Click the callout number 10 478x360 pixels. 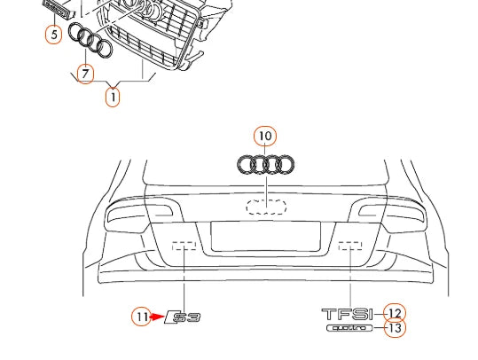click(264, 136)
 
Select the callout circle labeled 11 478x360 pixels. click(142, 316)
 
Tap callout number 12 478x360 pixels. click(395, 313)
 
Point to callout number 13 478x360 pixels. click(395, 328)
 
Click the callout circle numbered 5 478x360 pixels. click(54, 35)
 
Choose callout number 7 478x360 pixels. click(85, 74)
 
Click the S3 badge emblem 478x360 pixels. click(184, 317)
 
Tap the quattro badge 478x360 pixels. click(351, 328)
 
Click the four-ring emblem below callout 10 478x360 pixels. click(266, 164)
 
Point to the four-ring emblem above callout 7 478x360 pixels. click(91, 42)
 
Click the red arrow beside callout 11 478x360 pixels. click(159, 316)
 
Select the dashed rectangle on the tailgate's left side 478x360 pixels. click(184, 246)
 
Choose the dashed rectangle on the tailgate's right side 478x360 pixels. click(350, 246)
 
